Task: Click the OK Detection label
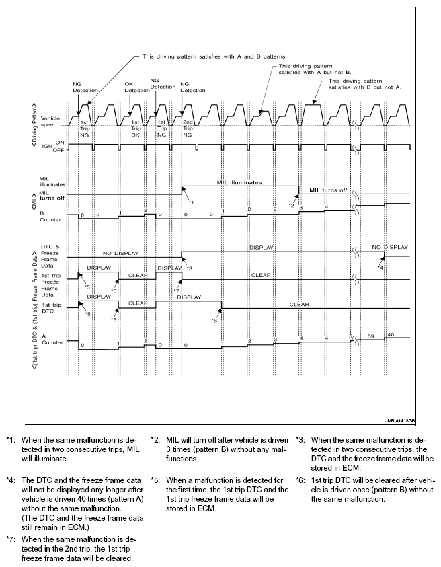click(137, 87)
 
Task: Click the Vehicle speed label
click(51, 121)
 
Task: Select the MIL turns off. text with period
click(329, 190)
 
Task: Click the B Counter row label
click(52, 216)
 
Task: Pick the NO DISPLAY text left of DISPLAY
click(121, 254)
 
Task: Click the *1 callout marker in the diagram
click(191, 202)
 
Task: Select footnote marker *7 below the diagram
click(10, 539)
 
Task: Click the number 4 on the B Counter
click(326, 206)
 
